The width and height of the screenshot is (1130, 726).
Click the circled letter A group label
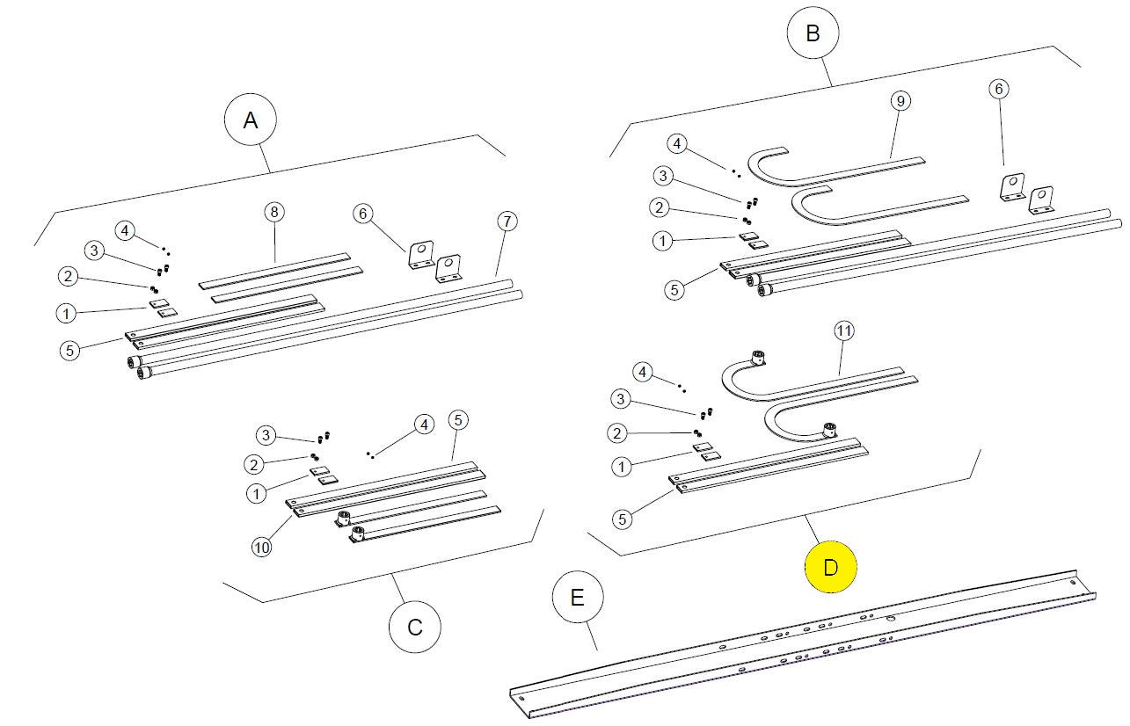tap(251, 121)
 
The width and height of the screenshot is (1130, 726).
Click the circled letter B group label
tap(813, 33)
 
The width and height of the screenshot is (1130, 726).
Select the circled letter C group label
tap(415, 627)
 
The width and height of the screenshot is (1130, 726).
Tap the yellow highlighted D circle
tap(831, 568)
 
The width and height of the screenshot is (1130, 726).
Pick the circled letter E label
tap(577, 598)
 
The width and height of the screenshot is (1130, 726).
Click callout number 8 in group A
tap(274, 212)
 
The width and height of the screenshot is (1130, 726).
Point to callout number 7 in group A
tap(507, 221)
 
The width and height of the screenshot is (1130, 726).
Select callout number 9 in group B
tap(898, 100)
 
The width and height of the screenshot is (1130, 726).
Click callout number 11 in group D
tap(843, 330)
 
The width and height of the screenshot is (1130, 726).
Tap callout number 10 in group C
tap(261, 547)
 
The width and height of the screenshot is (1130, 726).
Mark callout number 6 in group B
tap(998, 89)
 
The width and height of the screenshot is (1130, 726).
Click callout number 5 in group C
tap(456, 419)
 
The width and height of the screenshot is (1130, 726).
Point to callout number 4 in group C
tap(425, 425)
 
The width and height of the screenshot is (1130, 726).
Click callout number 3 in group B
tap(663, 176)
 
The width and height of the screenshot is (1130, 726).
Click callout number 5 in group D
tap(622, 519)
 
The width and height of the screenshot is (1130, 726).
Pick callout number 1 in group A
tap(64, 312)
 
